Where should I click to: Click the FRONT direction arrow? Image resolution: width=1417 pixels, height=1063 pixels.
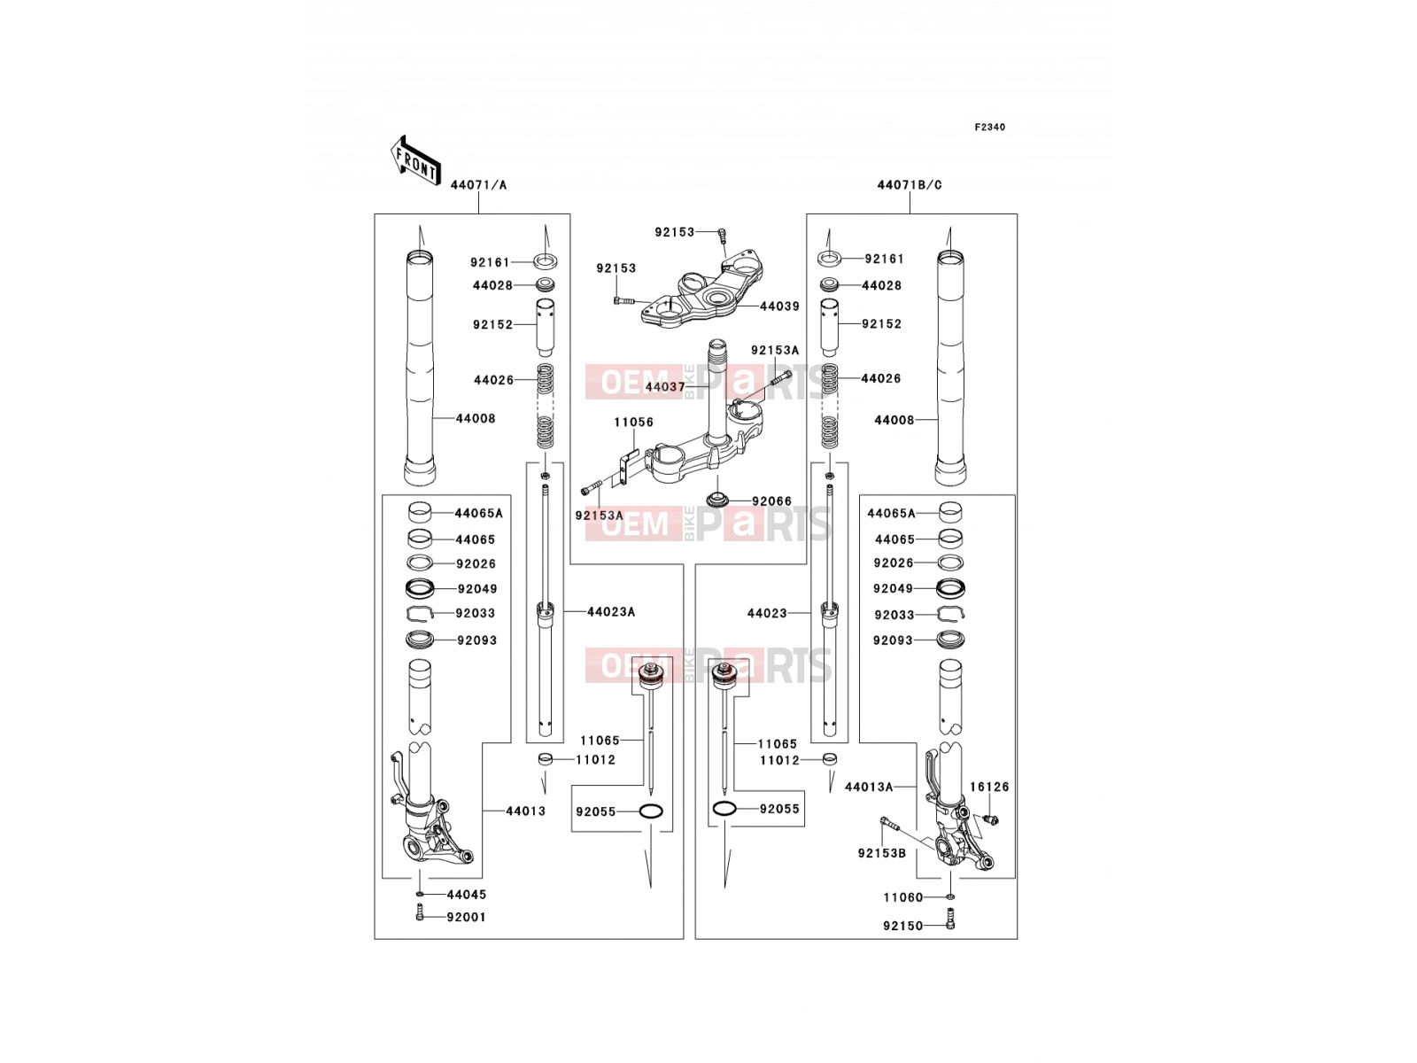point(415,162)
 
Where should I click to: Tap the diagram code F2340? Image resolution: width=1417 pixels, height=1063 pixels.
point(989,128)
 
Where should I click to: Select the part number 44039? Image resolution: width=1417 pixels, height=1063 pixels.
point(779,306)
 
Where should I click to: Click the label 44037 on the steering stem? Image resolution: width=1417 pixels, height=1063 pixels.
point(665,387)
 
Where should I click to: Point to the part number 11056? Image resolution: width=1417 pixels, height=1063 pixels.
point(633,423)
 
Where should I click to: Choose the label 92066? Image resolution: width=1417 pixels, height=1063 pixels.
point(771,501)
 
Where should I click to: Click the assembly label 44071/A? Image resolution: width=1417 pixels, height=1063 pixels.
point(478,185)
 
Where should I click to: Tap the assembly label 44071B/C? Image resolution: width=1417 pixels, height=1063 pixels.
point(909,185)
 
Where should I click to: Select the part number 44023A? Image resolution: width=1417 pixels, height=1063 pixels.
point(611,612)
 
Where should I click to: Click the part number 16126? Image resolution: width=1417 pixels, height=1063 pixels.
point(989,787)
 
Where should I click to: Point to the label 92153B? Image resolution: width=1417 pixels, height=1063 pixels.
point(882,853)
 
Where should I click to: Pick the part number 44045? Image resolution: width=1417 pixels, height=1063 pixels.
point(466,895)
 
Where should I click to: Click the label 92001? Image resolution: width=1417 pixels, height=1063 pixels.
point(466,917)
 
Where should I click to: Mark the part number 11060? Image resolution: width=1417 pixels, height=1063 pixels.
point(903,897)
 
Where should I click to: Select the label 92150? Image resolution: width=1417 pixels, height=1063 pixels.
point(903,927)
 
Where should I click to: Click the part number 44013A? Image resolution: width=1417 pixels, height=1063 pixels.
point(869,787)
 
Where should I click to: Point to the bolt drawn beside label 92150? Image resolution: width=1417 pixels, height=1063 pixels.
point(949,919)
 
